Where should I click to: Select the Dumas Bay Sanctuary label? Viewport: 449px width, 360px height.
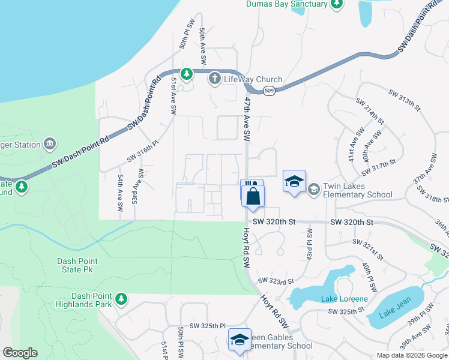click(287, 4)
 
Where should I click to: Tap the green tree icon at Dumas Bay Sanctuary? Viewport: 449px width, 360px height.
click(337, 4)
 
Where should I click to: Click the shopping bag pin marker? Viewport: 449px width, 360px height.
click(253, 196)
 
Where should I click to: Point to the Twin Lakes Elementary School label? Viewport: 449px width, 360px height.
click(357, 190)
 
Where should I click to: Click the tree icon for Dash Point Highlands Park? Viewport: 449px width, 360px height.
click(121, 298)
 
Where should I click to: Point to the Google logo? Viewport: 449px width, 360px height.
click(20, 353)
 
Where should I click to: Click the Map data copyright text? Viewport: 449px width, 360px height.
click(412, 355)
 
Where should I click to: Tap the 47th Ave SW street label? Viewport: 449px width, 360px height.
click(247, 120)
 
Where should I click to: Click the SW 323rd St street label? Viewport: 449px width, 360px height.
click(276, 281)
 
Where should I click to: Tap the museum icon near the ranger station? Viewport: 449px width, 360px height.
click(50, 144)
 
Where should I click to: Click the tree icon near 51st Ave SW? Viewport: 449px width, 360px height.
click(187, 74)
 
